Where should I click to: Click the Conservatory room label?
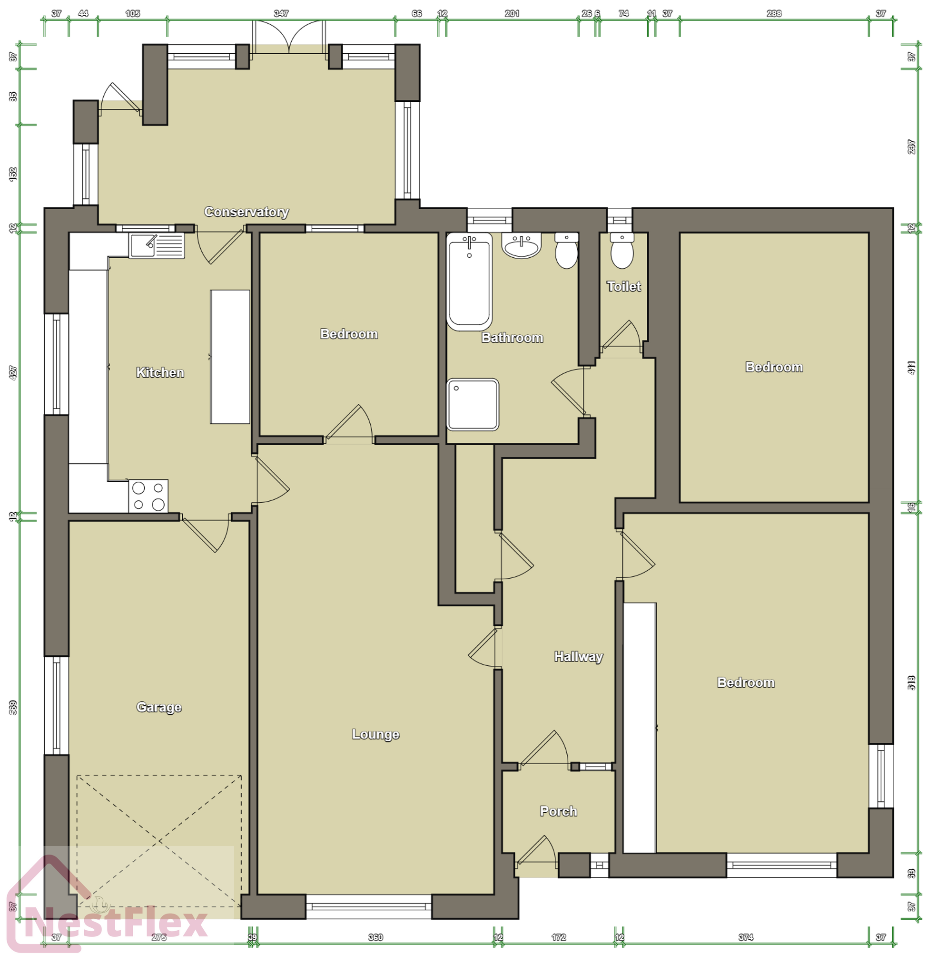coord(246,212)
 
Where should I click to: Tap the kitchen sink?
coord(157,245)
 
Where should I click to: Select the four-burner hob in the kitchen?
coord(148,496)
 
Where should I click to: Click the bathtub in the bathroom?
coord(469,281)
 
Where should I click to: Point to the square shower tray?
coord(473,404)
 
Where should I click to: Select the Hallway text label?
coord(578,657)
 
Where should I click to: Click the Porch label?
coord(558,811)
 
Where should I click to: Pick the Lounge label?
coord(375,734)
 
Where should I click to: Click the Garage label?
coord(159,707)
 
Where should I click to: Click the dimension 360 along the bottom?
coord(375,937)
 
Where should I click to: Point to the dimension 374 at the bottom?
coord(746,937)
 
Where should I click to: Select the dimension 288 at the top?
coord(774,13)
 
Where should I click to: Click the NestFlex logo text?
coord(116,924)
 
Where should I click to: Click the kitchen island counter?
coord(230,357)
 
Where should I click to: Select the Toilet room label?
coord(623,286)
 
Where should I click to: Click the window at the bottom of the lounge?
coord(369,906)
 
